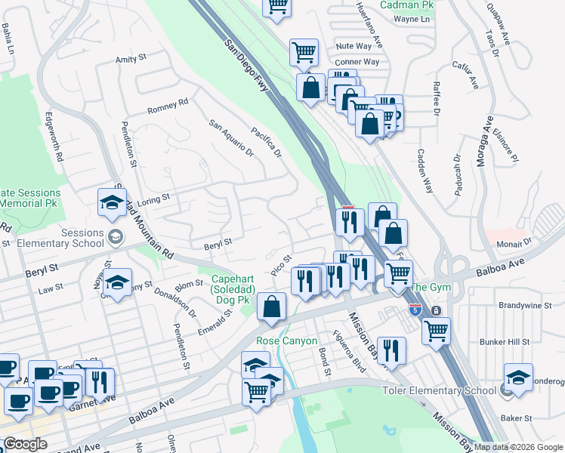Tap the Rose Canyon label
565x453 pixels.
click(284, 341)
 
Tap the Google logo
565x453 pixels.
click(25, 444)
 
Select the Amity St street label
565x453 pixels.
click(131, 58)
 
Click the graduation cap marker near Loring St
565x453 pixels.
click(112, 202)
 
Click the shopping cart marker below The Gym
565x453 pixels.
click(436, 331)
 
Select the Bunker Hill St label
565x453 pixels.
click(526, 342)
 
